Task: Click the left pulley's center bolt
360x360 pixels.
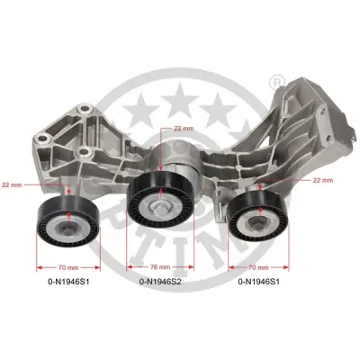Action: coord(67,228)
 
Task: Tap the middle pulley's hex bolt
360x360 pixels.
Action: coord(160,207)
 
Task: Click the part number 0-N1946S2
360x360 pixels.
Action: coord(160,282)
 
